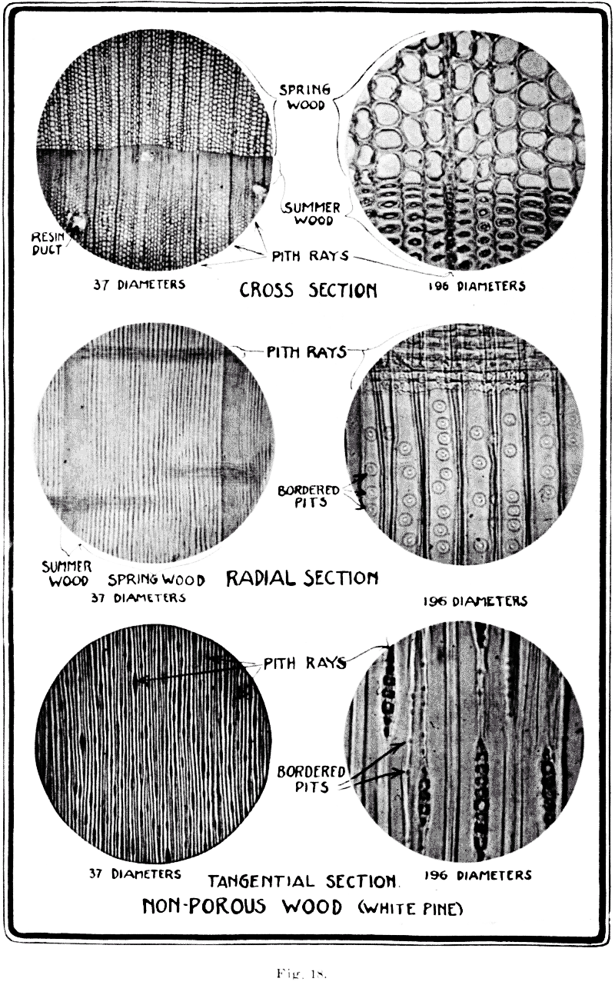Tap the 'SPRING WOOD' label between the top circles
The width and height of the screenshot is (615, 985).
point(302,96)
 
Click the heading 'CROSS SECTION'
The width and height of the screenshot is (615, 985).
point(308,290)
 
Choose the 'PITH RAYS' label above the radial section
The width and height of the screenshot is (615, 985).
point(305,353)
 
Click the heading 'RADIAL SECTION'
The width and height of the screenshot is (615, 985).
point(301,577)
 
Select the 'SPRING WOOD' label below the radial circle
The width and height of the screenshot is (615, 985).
point(156,580)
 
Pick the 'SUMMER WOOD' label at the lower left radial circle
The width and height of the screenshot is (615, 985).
point(65,574)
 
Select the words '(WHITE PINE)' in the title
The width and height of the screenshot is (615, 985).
point(411,910)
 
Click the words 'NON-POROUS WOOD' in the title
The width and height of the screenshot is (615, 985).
point(241,907)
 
